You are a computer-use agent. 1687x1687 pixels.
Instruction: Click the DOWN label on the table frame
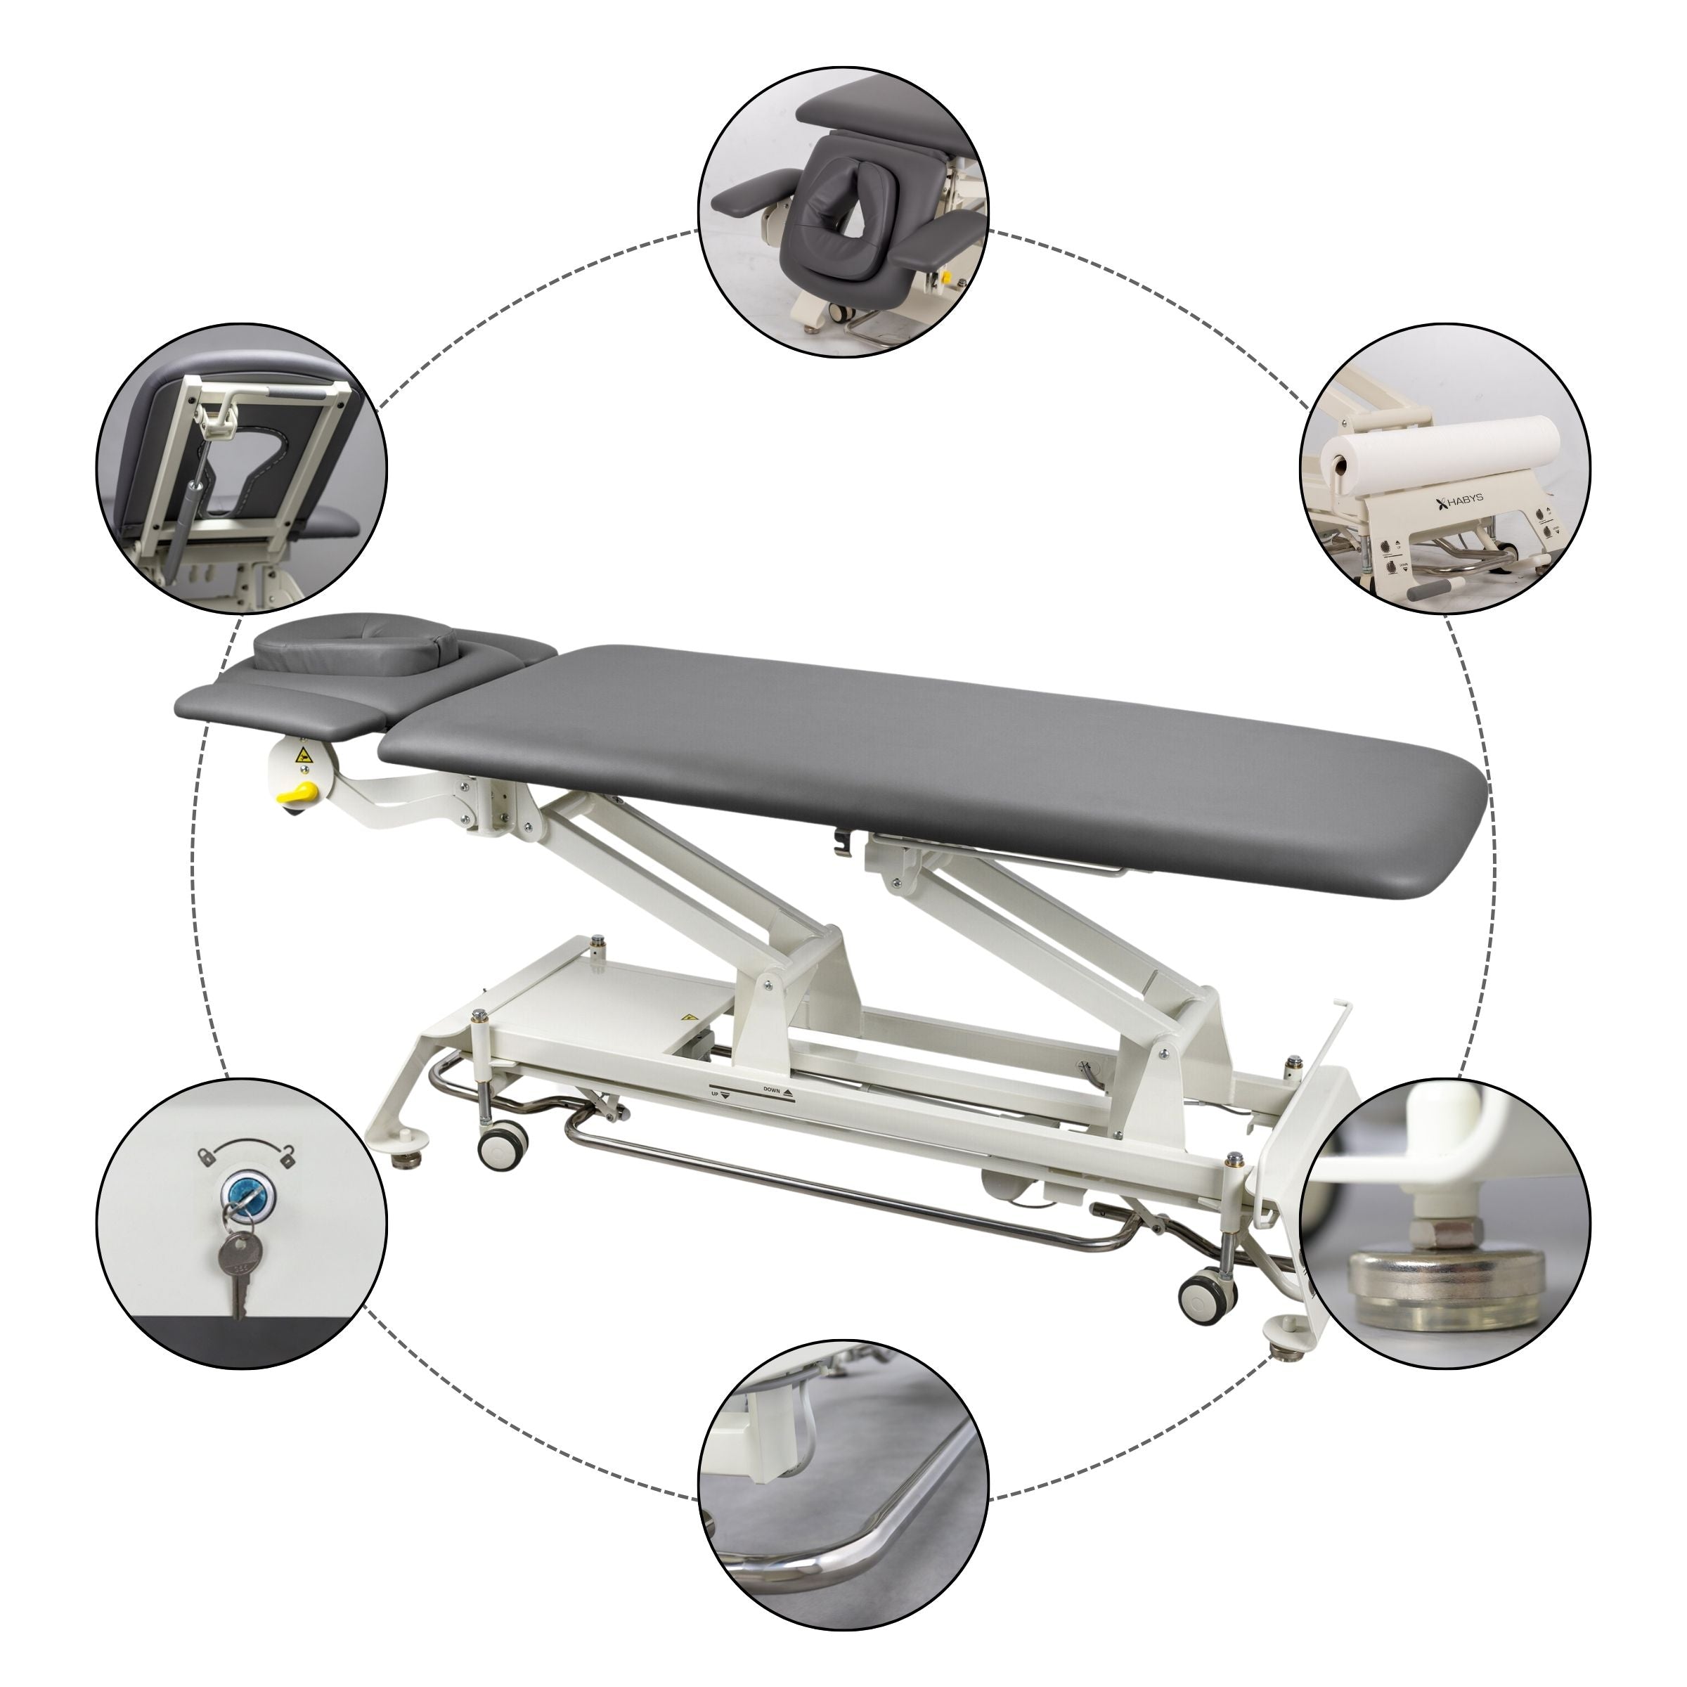(x=772, y=1091)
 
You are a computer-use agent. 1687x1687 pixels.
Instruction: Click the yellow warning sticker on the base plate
(x=689, y=1016)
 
